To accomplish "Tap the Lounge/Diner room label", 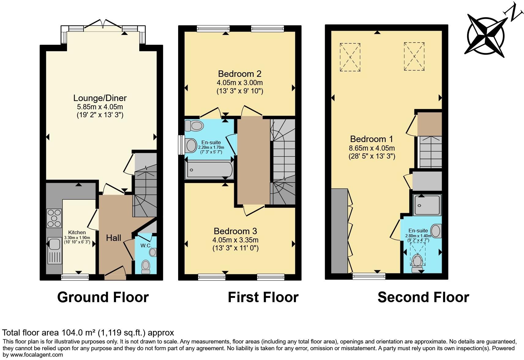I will (100, 98).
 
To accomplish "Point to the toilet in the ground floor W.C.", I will (146, 266).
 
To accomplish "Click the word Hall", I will (114, 238).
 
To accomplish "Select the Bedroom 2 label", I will (239, 74).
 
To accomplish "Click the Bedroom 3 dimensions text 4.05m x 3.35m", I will (235, 240).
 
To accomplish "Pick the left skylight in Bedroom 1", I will (350, 57).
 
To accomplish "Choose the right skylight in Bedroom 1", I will (414, 57).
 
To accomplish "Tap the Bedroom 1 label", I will (372, 139).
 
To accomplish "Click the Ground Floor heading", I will (103, 297).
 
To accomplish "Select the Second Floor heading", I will (423, 297).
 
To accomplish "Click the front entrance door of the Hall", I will (115, 273).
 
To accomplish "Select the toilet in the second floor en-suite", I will (417, 263).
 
